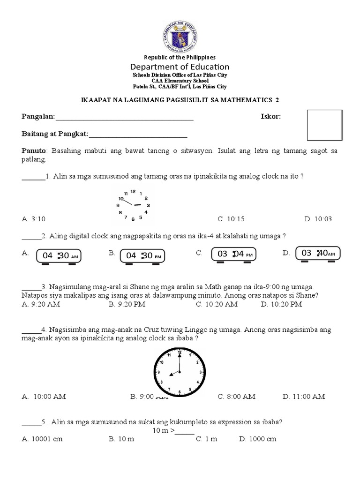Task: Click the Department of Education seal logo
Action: click(x=180, y=37)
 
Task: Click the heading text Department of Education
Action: click(x=180, y=67)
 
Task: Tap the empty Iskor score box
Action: click(x=324, y=125)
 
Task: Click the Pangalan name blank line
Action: click(x=124, y=117)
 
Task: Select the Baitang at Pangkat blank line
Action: click(x=138, y=135)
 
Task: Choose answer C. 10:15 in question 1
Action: click(x=231, y=219)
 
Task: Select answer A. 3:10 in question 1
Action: click(x=34, y=219)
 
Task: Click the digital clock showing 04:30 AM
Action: click(x=59, y=256)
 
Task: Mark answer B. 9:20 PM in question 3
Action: click(x=127, y=304)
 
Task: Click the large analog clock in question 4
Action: click(x=180, y=372)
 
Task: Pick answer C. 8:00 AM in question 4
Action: click(x=236, y=397)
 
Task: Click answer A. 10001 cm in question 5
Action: click(x=42, y=439)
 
